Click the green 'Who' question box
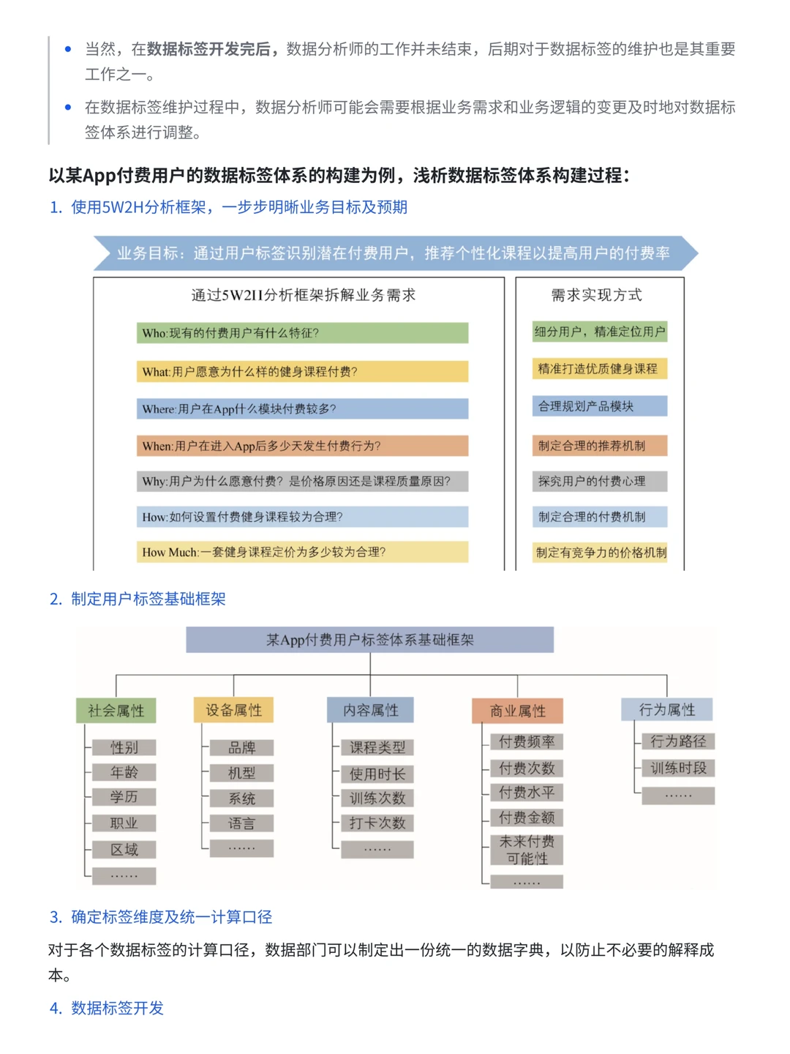pos(302,333)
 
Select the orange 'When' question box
pos(302,446)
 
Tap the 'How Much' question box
pos(302,552)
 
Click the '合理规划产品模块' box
pos(600,406)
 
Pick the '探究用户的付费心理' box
pos(600,481)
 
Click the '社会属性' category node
pos(116,711)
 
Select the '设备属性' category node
pos(233,710)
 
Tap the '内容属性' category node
pos(370,710)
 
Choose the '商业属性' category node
pos(517,711)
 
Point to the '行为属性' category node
pos(666,709)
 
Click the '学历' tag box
pos(124,797)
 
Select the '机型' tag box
pos(241,773)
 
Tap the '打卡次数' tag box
pos(377,823)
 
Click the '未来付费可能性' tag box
pos(527,850)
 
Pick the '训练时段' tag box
pos(678,768)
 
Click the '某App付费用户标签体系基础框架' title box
pos(369,640)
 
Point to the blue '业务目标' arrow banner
pos(395,253)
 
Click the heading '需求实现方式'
pos(596,295)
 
